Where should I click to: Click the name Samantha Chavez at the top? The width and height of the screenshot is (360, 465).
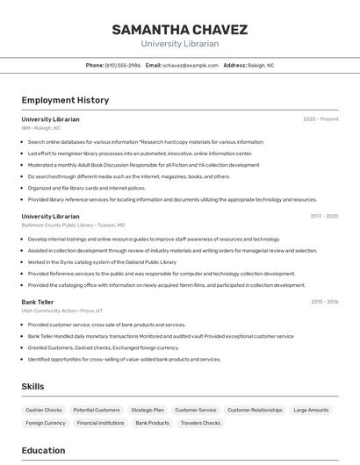179,30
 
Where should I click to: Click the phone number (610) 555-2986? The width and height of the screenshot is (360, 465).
122,65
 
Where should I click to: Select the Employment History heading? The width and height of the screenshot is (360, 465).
65,100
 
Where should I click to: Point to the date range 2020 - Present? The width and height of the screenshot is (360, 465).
320,119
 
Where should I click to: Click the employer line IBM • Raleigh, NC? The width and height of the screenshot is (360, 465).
41,127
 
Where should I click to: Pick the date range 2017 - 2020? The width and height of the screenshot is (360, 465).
324,216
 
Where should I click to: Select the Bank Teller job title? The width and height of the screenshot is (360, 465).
38,302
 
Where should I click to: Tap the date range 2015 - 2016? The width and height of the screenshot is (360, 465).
324,302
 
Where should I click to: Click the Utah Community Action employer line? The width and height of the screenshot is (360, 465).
62,311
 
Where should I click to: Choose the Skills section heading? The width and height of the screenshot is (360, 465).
32,386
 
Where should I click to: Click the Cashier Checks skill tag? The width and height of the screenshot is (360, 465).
44,410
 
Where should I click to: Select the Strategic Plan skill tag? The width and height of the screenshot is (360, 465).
148,410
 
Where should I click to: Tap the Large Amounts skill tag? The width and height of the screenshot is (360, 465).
311,410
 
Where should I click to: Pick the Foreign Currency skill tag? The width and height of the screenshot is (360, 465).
46,423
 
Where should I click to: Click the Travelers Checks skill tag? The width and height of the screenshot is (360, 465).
201,423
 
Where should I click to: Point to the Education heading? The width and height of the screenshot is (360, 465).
43,450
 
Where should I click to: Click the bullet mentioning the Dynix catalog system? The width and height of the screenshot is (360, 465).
102,261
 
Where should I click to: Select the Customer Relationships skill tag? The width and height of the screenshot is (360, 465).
255,410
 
